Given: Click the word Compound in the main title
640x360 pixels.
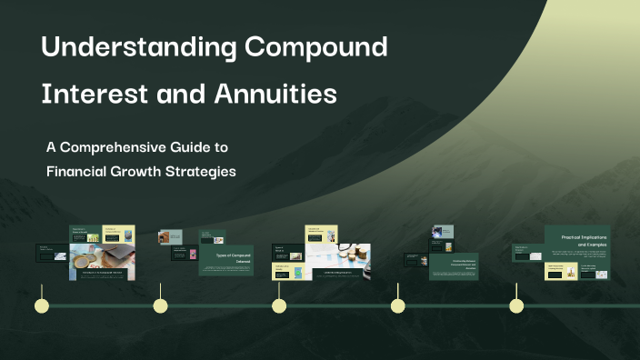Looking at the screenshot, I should (316, 47).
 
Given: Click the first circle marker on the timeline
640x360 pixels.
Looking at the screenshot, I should (41, 305).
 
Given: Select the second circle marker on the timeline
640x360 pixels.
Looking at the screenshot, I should (160, 305).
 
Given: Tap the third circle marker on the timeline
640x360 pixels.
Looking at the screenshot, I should (279, 305).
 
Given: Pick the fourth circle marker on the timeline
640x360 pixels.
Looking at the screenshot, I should (397, 305).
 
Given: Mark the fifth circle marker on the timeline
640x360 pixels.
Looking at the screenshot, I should (516, 305).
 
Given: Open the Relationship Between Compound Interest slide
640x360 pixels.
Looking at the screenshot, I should (453, 266).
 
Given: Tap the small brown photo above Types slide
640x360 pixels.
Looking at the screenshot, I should (164, 237).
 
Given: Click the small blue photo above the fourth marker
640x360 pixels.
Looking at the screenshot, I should (443, 233).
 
